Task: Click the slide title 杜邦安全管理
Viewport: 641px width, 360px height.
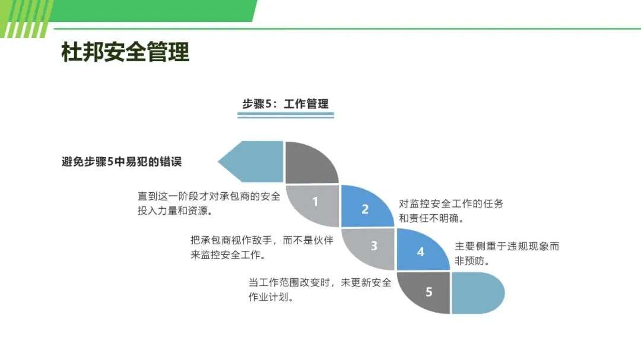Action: point(125,52)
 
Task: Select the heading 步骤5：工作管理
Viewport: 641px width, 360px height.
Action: point(285,104)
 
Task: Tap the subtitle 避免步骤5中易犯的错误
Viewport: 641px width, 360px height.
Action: point(122,161)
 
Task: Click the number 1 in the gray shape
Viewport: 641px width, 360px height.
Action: point(315,202)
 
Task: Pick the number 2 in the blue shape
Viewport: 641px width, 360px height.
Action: point(365,209)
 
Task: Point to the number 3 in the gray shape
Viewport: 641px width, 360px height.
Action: point(373,246)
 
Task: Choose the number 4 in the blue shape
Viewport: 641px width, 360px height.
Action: point(421,251)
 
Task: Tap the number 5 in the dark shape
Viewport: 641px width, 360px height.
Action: point(429,292)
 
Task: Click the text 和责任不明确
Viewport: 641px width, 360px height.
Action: point(430,218)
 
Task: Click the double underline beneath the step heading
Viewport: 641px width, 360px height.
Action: point(285,115)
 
